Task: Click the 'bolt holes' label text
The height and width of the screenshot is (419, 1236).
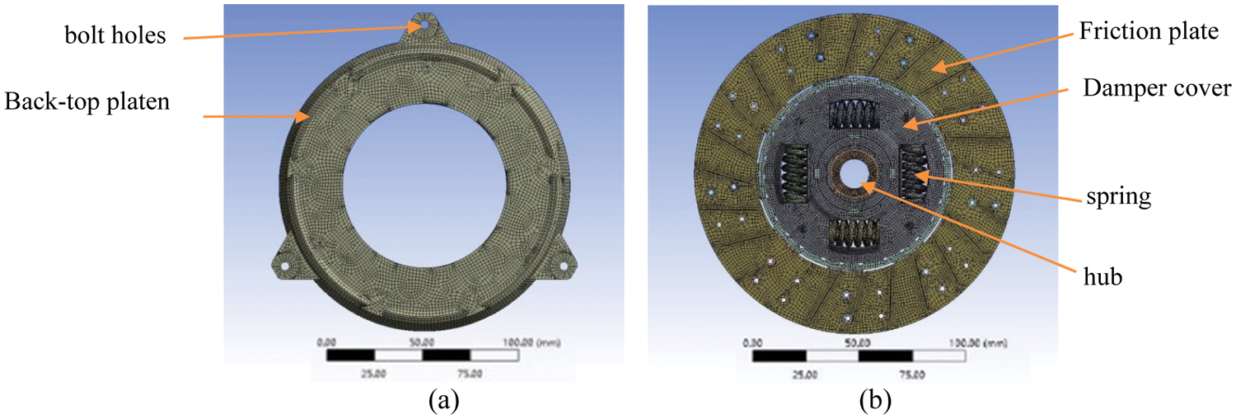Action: point(115,35)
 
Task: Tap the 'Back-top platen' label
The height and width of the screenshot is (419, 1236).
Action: point(87,102)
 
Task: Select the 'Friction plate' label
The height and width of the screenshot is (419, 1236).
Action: point(1149,31)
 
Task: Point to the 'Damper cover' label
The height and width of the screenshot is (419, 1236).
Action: point(1157,88)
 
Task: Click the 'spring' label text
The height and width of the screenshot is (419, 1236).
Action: point(1118,197)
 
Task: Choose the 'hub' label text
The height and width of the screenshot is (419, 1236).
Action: point(1103,276)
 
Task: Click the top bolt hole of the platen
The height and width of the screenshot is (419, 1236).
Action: point(424,25)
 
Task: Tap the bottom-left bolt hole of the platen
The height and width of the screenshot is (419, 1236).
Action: point(285,266)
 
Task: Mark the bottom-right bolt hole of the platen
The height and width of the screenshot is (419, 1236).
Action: point(564,266)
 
